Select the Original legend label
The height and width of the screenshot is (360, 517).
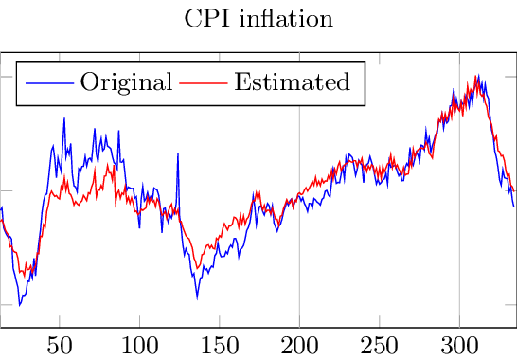126,81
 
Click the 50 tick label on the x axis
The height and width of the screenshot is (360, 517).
60,343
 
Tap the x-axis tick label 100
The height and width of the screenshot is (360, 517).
139,343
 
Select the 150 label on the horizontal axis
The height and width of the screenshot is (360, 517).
220,343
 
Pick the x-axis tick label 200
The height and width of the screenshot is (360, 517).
299,343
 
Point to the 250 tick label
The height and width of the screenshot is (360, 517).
380,343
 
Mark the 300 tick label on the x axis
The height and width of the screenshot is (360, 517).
459,343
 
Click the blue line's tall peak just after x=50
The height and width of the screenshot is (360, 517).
63,118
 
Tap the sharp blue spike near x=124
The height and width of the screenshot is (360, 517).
177,153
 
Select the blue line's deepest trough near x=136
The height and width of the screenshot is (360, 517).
197,297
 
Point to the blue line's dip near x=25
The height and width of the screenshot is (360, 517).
20,305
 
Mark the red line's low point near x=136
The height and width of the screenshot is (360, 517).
197,268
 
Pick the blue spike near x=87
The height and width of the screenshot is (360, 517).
118,131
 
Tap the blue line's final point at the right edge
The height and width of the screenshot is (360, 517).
513,207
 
